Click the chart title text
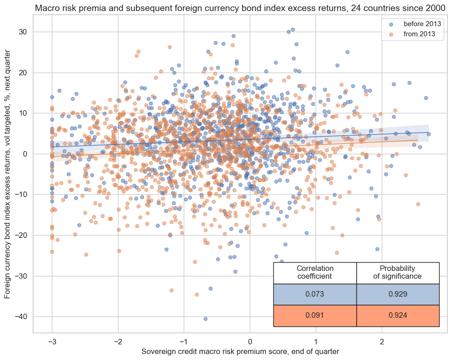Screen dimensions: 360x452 coord(240,8)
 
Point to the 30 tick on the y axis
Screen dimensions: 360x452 coord(23,32)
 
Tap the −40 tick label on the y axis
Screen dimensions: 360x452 coord(21,317)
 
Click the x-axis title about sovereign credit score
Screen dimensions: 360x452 coord(240,351)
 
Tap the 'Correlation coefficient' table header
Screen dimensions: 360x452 coord(315,272)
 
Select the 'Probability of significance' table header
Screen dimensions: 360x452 coord(397,272)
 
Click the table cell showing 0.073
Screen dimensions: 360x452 coord(315,294)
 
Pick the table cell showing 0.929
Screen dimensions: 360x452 coord(397,294)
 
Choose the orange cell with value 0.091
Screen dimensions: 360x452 coord(315,315)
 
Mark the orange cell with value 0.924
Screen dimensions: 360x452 coord(397,315)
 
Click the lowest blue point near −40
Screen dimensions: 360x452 coord(205,319)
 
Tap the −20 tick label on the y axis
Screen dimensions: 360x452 coord(21,235)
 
